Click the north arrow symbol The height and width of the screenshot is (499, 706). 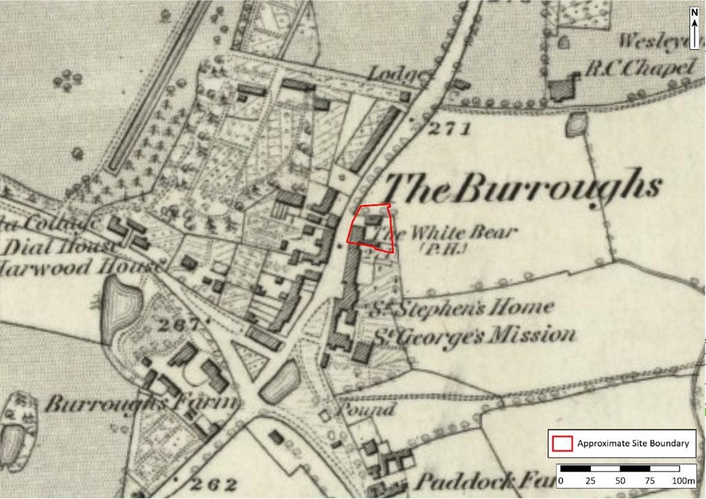pyautogui.click(x=694, y=28)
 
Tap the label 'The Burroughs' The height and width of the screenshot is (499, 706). pyautogui.click(x=522, y=187)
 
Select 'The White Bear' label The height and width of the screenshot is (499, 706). pyautogui.click(x=456, y=233)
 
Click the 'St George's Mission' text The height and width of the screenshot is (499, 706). pyautogui.click(x=474, y=336)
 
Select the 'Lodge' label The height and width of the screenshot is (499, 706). pyautogui.click(x=390, y=73)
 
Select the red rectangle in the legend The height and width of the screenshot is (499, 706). pyautogui.click(x=563, y=443)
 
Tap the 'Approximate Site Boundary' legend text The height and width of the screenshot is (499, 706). pyautogui.click(x=633, y=443)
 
